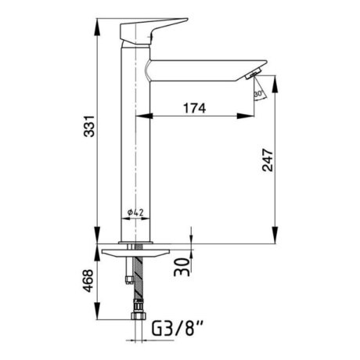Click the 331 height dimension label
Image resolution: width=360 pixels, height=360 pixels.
89,126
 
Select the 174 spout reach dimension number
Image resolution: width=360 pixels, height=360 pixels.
195,108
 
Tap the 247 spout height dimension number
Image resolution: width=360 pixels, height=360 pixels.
268,160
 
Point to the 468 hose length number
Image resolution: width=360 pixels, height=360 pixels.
88,281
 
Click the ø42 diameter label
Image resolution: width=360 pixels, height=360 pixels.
135,213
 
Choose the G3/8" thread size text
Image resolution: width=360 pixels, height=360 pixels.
178,329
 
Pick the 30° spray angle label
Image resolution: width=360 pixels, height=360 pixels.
258,94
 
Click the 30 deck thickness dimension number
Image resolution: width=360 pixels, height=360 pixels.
182,267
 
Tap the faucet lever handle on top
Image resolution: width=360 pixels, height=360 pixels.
150,32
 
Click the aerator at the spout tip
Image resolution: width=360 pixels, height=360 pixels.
254,74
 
